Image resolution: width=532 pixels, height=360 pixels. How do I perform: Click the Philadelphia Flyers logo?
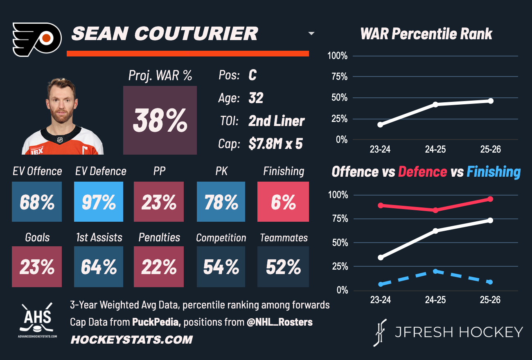[x=37, y=40]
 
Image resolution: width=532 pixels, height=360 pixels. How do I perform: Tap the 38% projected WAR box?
[x=160, y=120]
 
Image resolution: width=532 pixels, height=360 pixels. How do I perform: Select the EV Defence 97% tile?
[x=99, y=202]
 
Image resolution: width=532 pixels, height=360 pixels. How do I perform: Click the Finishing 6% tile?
[x=283, y=202]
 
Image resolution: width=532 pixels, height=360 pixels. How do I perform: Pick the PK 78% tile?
[x=221, y=202]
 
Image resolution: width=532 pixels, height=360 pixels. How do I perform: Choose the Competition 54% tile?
[x=221, y=267]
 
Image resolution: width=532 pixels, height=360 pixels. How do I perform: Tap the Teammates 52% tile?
[x=283, y=267]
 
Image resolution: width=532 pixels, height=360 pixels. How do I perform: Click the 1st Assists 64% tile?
[x=99, y=267]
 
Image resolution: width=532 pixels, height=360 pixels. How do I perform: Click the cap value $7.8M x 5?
[x=275, y=144]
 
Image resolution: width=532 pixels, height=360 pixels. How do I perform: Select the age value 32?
[x=256, y=98]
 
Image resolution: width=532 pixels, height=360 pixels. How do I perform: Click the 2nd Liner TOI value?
[x=276, y=121]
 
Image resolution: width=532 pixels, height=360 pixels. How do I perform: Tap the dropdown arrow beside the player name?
[x=311, y=34]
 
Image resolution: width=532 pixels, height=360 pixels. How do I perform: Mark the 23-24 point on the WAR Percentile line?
[x=380, y=124]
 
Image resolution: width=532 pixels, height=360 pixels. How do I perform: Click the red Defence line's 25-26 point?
[x=490, y=199]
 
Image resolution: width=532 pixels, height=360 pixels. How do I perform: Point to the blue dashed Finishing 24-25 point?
[x=435, y=271]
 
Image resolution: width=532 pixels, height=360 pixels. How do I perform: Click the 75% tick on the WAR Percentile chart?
[x=338, y=77]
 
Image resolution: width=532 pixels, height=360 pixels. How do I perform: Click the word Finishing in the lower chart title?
[x=494, y=172]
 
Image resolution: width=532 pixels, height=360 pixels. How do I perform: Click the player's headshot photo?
[x=63, y=117]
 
